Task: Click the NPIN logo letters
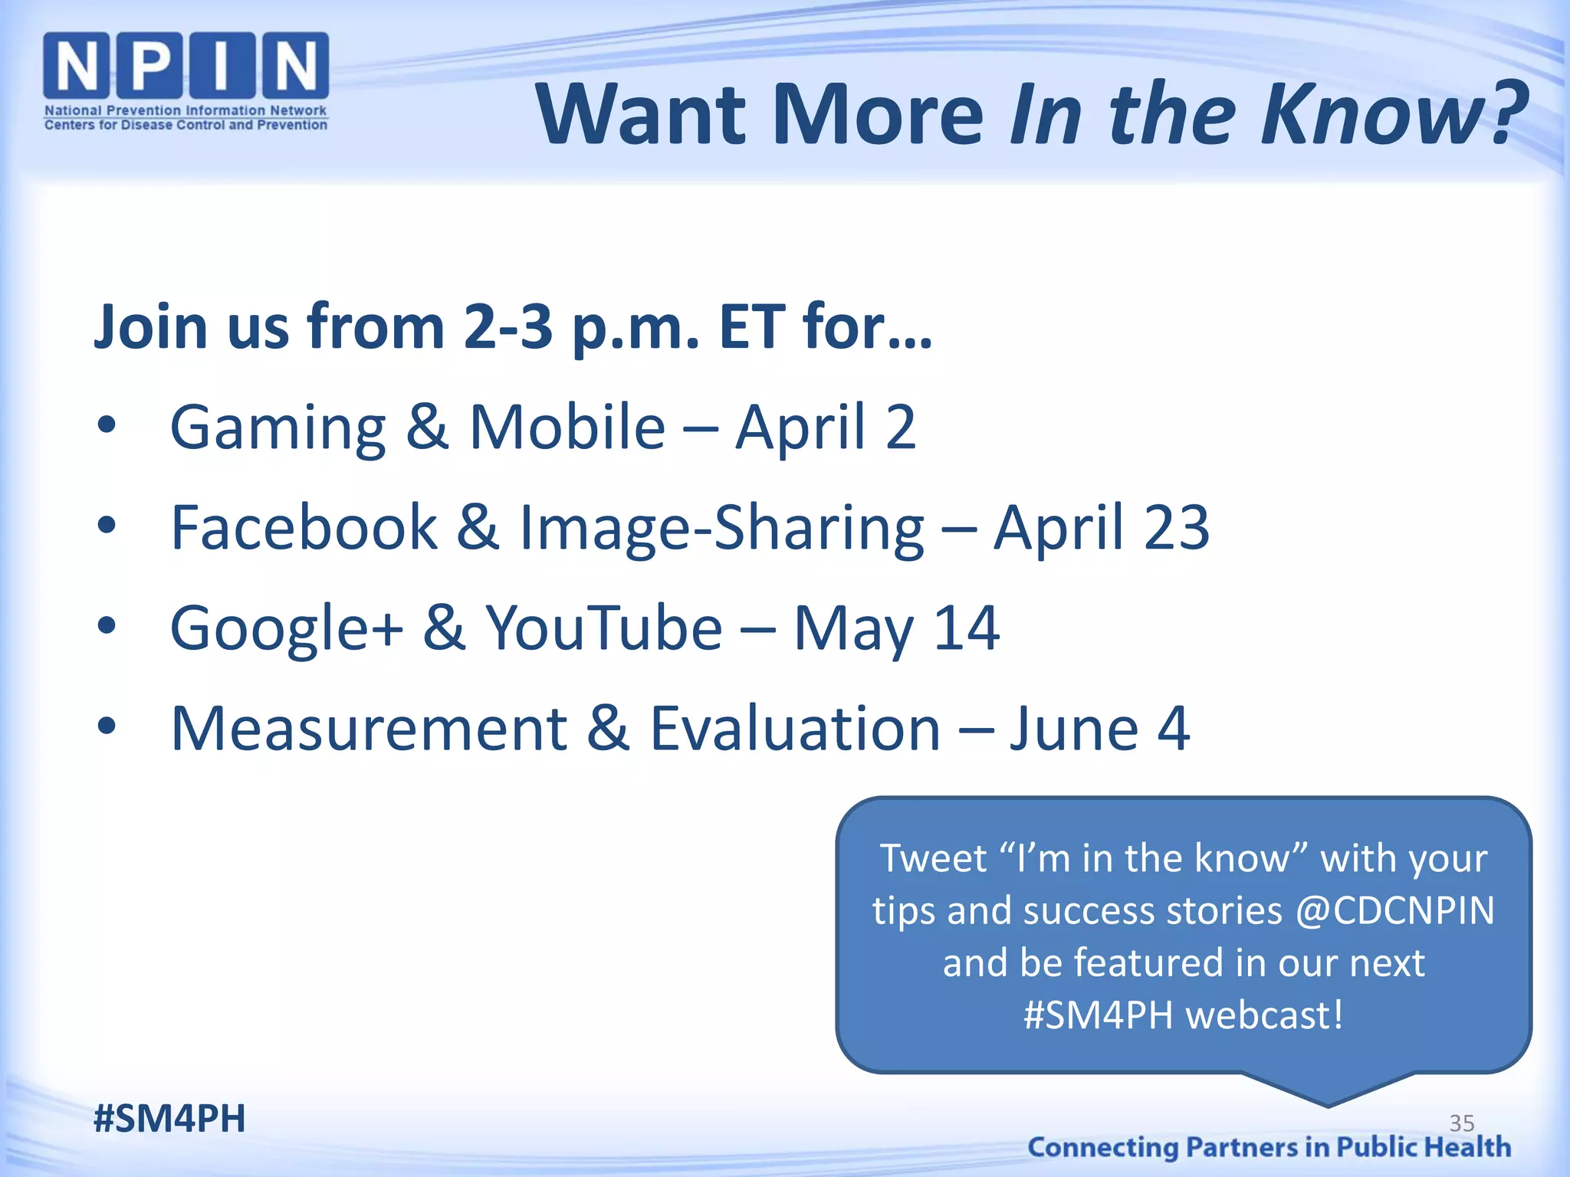point(186,67)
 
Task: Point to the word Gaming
point(278,428)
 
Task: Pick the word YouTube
point(604,628)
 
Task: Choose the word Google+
point(286,628)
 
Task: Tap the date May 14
point(895,628)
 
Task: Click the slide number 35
point(1461,1123)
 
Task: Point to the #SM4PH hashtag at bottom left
point(169,1118)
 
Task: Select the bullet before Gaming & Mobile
point(107,425)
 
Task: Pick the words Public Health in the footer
point(1424,1147)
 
